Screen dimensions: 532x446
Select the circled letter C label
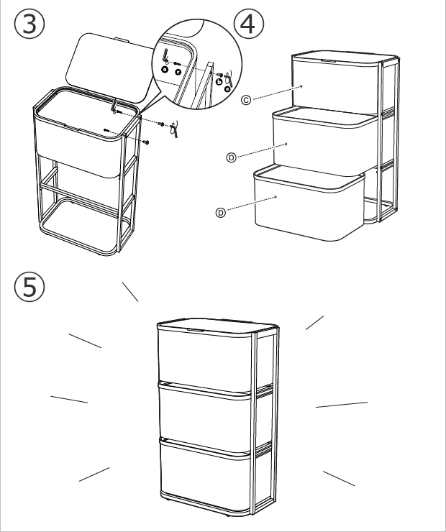(x=246, y=100)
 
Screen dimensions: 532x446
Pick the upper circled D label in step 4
(x=232, y=155)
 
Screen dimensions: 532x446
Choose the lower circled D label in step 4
(x=221, y=212)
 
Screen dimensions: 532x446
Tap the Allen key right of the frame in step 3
(x=173, y=130)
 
